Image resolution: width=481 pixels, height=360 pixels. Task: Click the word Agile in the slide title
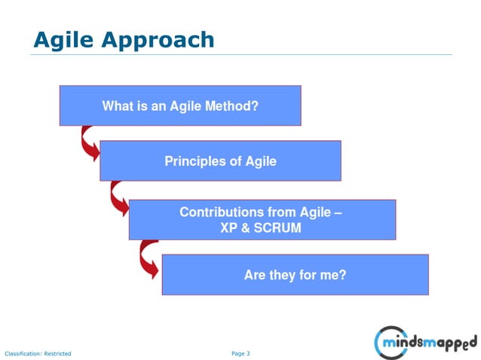click(x=63, y=38)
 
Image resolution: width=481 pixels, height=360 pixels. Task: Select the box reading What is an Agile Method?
click(x=180, y=105)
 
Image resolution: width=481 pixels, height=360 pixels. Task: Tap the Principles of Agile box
click(x=220, y=160)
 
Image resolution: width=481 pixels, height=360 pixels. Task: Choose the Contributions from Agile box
click(x=262, y=219)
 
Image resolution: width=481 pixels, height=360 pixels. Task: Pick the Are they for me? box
click(x=295, y=275)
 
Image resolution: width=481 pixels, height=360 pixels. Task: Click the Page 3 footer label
click(x=240, y=352)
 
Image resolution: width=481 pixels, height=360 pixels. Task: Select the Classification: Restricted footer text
click(x=38, y=353)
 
